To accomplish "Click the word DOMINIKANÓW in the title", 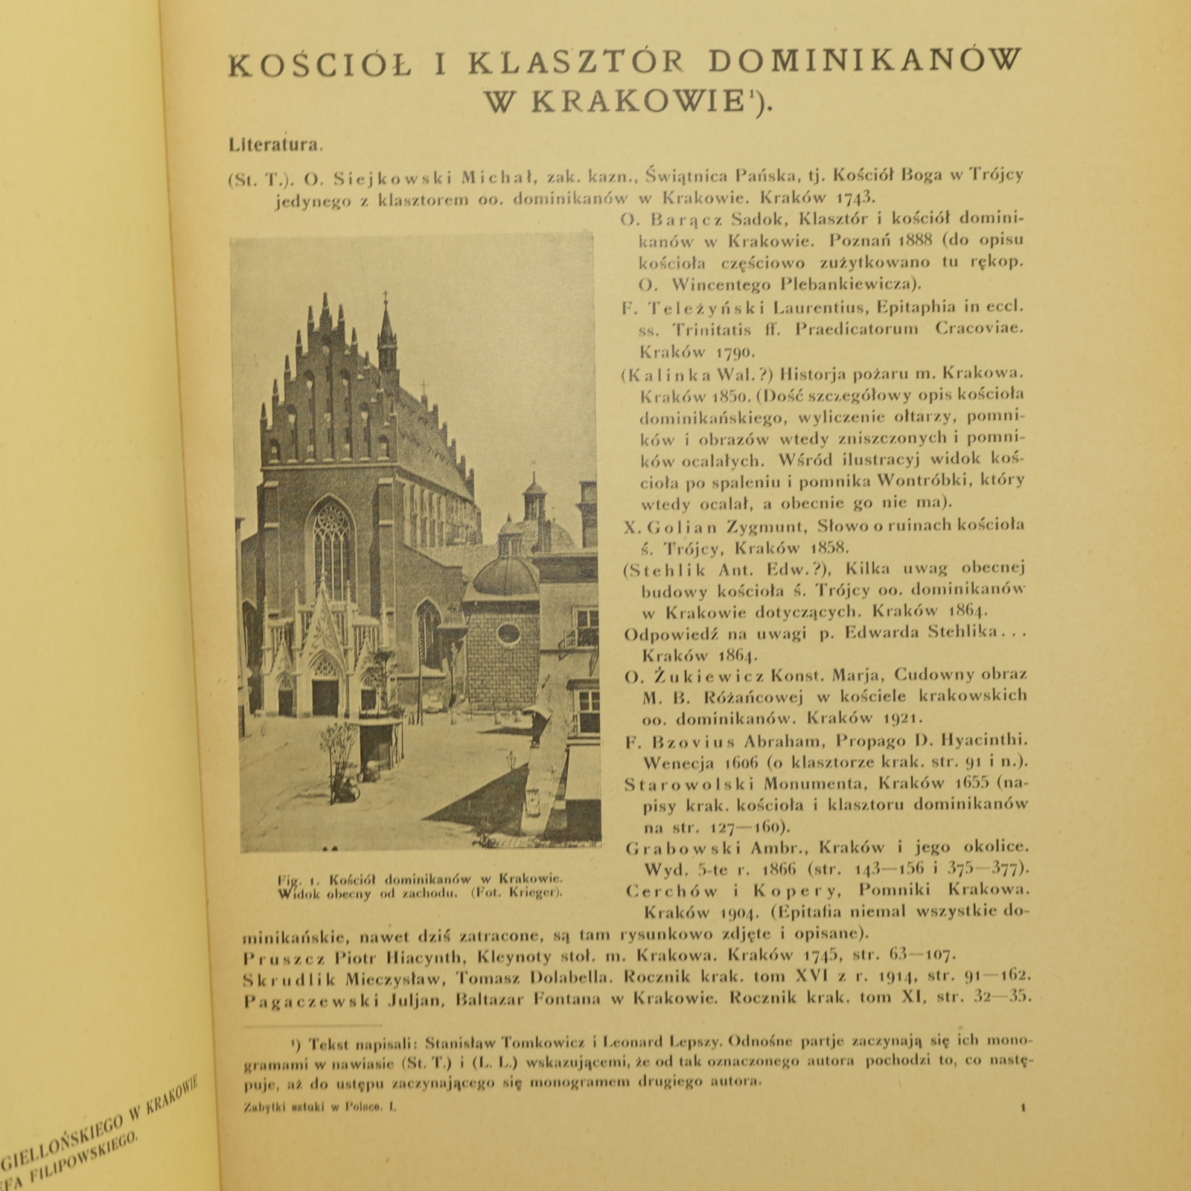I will (865, 63).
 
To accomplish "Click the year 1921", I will (902, 719).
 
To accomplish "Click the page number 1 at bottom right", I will (1023, 1108).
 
